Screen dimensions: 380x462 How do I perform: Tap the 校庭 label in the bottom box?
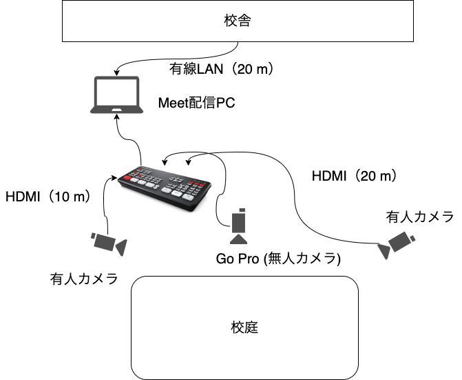(x=245, y=327)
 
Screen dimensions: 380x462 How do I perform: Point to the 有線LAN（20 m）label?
(x=222, y=70)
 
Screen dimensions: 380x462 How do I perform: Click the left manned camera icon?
(x=109, y=243)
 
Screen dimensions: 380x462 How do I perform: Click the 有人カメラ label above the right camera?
(x=420, y=218)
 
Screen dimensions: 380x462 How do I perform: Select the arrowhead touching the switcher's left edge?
(x=114, y=180)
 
